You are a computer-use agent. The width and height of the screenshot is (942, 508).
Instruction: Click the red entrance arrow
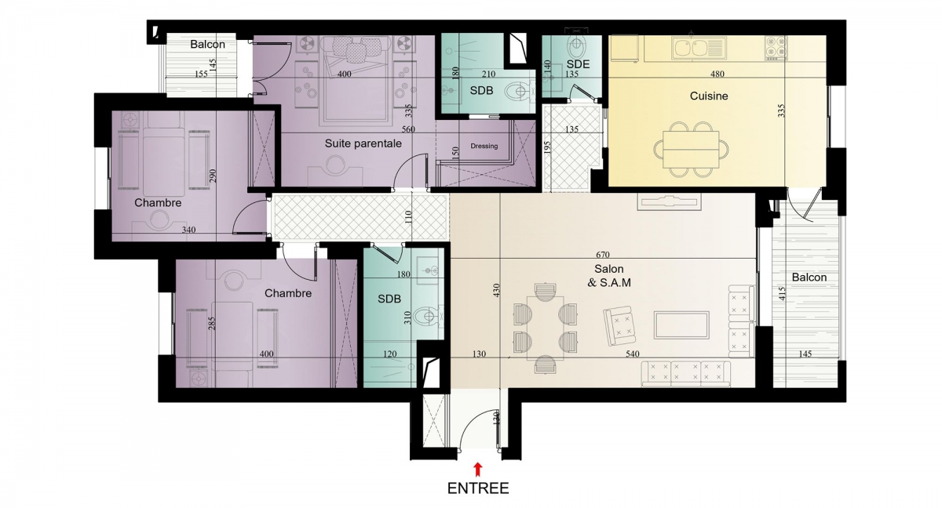(478, 470)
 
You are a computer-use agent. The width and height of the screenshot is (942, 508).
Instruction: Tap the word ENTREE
(478, 488)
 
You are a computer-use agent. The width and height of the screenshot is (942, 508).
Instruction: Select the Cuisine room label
(709, 96)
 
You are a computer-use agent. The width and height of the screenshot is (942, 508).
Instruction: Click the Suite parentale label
(363, 143)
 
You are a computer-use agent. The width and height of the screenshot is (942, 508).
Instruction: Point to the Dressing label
(484, 146)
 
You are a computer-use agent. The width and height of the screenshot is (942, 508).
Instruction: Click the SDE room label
(578, 64)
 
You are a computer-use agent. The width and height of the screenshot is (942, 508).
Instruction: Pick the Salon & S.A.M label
(609, 276)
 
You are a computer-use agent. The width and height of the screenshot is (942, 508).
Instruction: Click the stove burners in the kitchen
(776, 48)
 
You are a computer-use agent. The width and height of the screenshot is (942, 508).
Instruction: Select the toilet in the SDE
(575, 46)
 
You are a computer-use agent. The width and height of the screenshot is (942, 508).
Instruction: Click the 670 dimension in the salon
(603, 255)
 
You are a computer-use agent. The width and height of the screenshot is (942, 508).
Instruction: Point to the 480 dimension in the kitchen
(717, 74)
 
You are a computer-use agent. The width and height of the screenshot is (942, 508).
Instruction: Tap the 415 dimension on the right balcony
(782, 294)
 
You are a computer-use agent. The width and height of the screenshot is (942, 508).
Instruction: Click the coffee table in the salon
(681, 325)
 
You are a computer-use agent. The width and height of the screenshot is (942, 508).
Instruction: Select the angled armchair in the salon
(619, 326)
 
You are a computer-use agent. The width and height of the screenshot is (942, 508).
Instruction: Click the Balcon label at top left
(207, 45)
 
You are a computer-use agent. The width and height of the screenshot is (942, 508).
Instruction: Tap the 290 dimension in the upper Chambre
(213, 176)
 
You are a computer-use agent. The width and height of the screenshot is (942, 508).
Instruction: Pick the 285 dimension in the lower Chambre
(212, 323)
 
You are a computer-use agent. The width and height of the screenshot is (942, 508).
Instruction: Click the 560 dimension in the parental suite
(408, 129)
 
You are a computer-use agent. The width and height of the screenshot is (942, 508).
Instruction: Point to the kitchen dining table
(691, 150)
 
